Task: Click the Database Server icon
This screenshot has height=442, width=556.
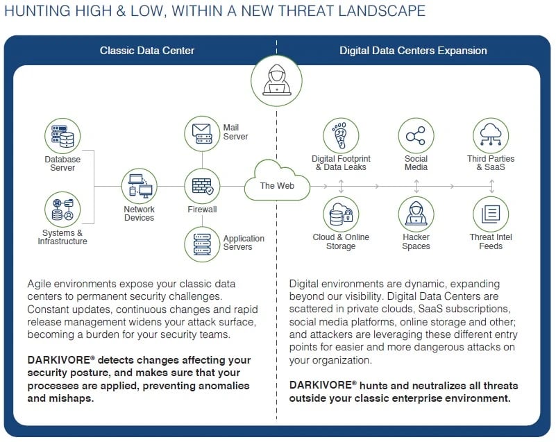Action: [x=62, y=136]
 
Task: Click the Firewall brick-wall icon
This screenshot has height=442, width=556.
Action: [x=202, y=186]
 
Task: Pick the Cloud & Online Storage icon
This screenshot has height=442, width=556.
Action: [x=341, y=214]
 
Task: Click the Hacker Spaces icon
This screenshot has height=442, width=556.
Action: [x=416, y=214]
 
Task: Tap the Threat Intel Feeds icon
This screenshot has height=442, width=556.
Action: [x=491, y=214]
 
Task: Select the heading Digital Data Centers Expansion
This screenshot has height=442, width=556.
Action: [x=413, y=51]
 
